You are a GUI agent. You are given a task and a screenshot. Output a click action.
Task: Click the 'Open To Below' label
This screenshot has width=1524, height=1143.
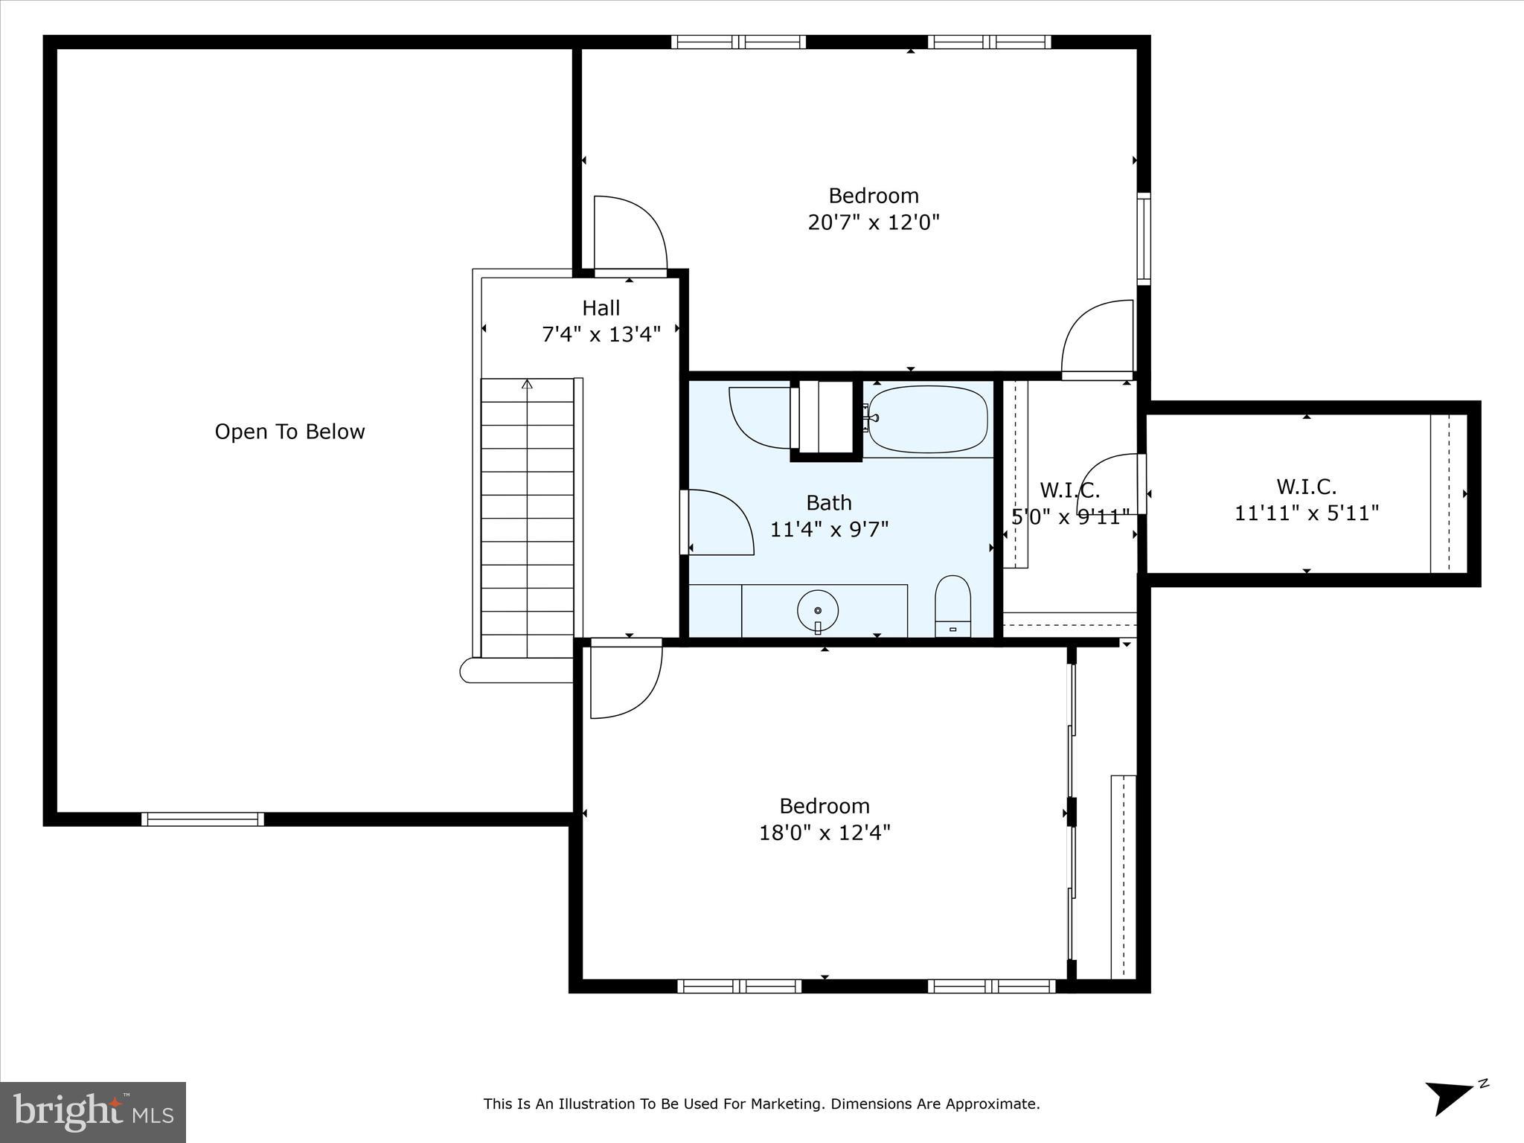pos(289,432)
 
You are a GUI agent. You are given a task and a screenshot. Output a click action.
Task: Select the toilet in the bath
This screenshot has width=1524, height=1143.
pos(952,606)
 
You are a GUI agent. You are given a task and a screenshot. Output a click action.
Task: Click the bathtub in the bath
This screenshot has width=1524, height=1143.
pos(928,419)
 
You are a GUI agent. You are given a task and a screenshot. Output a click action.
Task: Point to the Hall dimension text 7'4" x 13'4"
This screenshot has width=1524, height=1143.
pos(601,335)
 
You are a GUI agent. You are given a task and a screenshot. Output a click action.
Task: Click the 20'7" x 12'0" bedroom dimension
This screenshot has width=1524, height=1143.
pos(874,222)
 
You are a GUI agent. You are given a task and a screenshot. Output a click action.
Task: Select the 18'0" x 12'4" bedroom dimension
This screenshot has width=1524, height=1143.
pos(825,832)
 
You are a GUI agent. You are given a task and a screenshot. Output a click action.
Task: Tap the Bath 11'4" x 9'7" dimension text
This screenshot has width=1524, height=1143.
pos(829,529)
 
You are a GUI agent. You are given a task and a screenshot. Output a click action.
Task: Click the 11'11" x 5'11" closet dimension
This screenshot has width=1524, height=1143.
pos(1307,513)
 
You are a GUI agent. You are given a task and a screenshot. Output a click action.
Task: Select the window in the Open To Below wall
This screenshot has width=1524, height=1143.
pos(202,819)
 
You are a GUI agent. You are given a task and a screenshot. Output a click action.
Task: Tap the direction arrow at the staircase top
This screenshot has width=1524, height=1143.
pos(527,385)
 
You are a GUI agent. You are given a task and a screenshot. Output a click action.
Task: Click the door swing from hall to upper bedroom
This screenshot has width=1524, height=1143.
pos(629,233)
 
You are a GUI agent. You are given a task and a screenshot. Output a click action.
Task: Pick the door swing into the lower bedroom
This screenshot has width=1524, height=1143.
pos(625,681)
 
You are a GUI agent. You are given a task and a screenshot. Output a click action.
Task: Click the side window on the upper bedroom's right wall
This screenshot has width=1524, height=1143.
pos(1144,238)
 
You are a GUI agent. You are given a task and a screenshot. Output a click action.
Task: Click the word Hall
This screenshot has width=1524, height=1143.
pos(601,308)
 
